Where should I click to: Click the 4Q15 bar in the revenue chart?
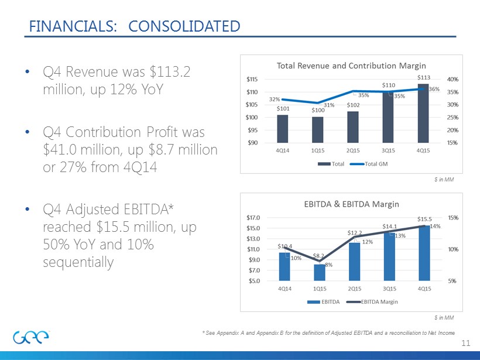422,114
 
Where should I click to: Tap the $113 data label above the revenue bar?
423,77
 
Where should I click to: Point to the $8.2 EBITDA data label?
319,256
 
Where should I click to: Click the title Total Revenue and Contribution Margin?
351,65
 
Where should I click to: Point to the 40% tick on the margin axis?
444,79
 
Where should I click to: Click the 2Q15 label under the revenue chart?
353,150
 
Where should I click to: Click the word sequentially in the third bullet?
78,262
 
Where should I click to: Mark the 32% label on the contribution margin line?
273,100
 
